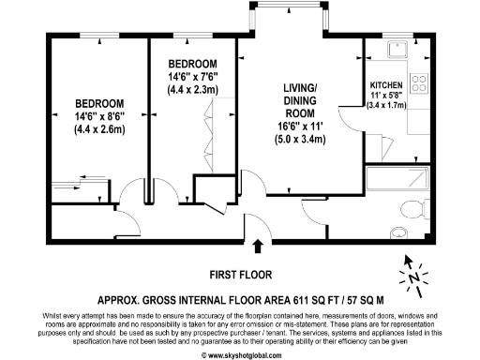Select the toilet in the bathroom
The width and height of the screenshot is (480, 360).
click(x=411, y=208)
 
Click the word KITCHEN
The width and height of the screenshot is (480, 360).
click(x=388, y=85)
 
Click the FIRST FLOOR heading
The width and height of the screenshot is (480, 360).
click(x=240, y=275)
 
